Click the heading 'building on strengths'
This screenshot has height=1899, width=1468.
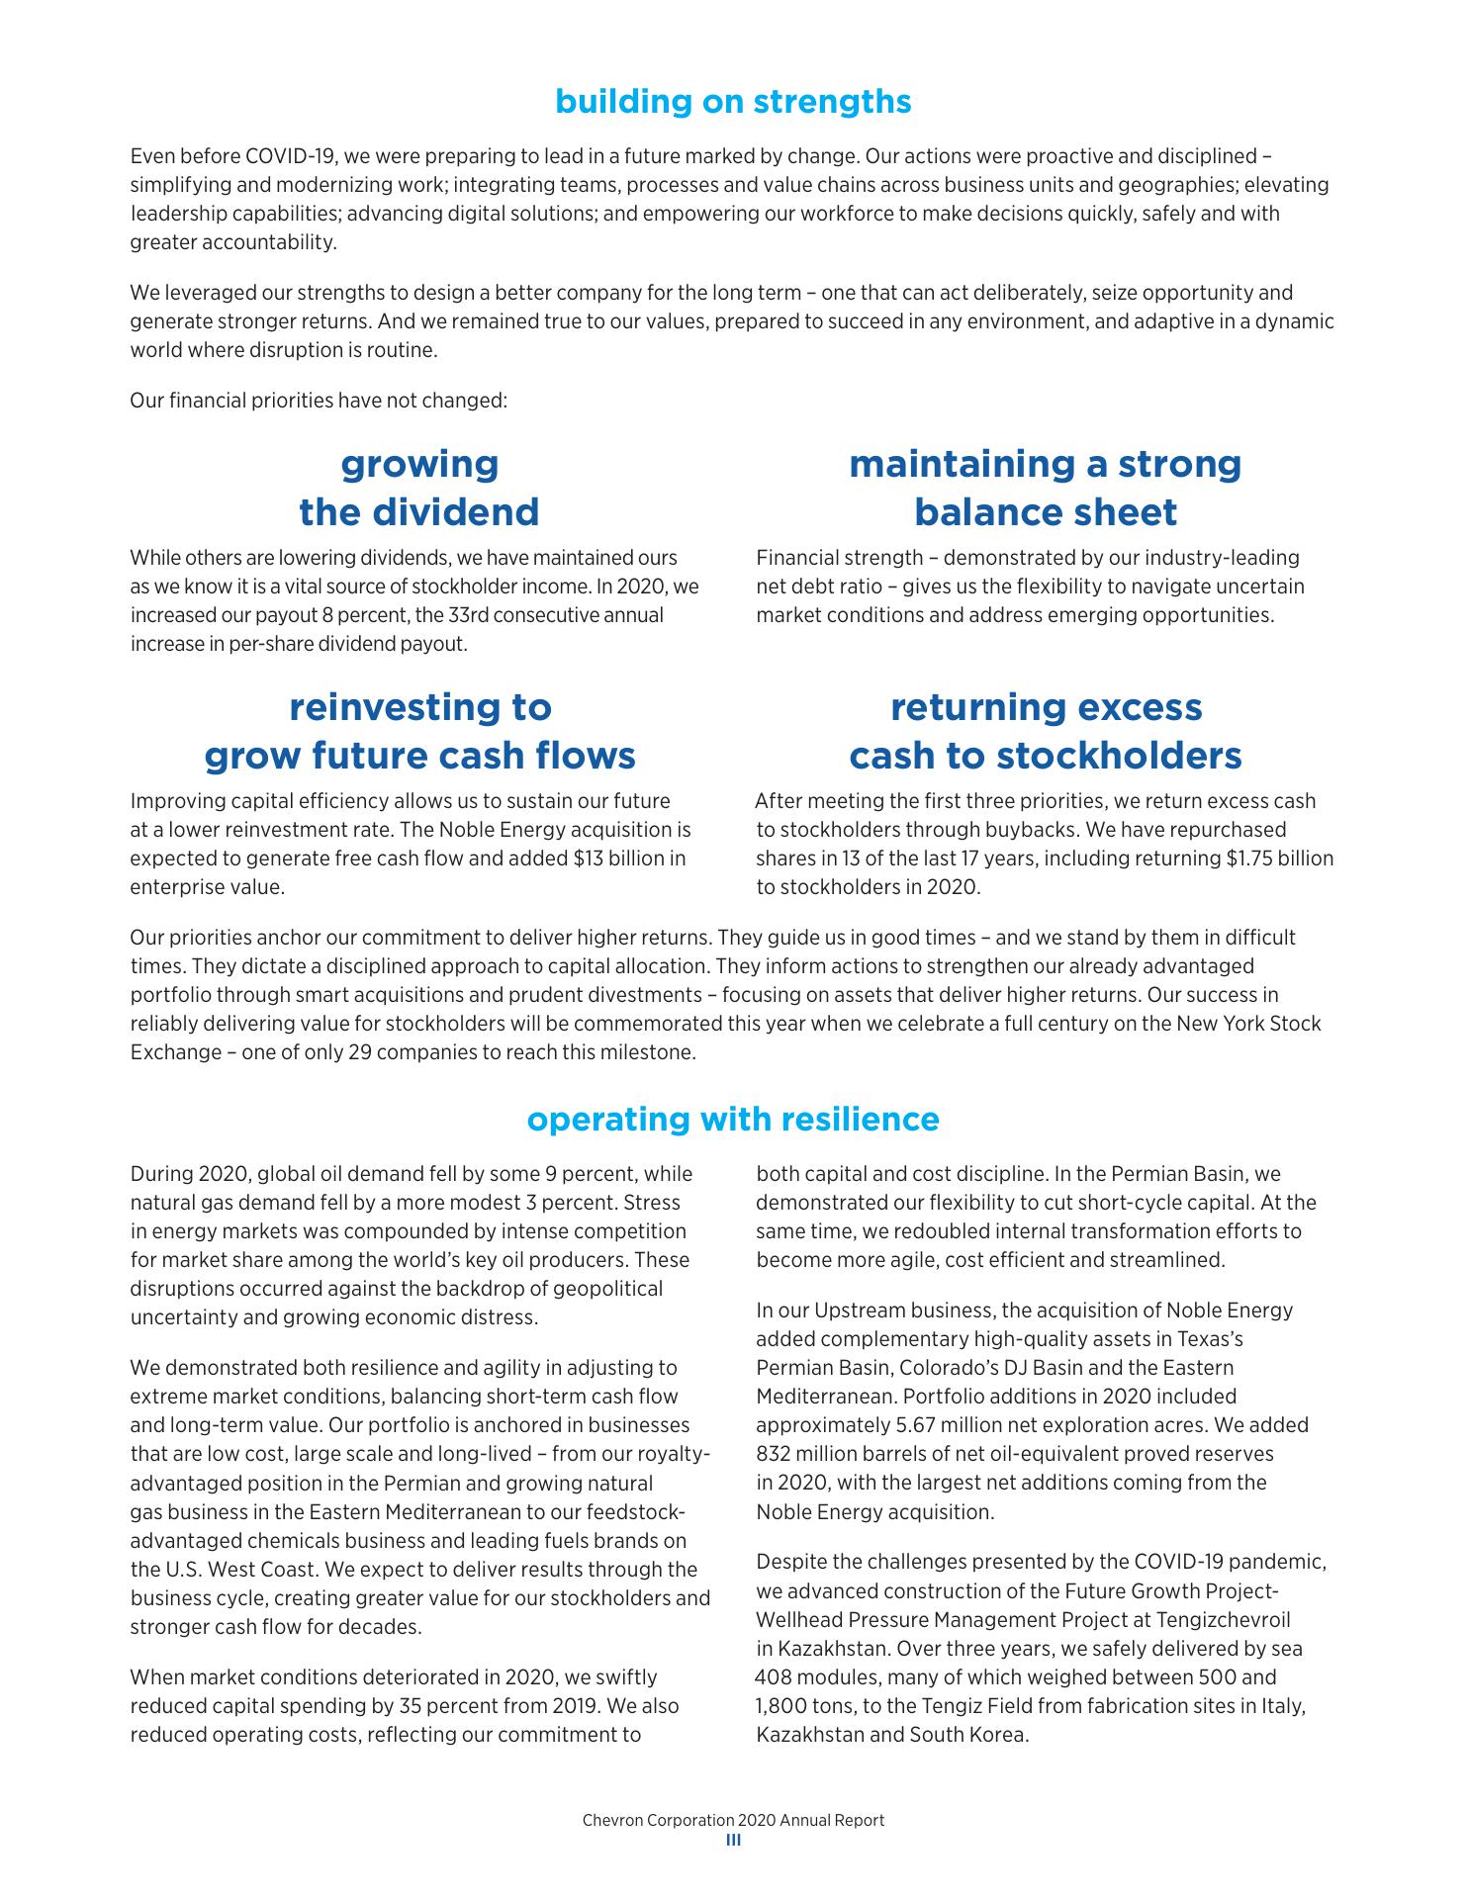(x=733, y=101)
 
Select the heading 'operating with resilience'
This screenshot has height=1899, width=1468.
(x=733, y=1119)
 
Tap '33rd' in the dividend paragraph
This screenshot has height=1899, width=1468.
(x=470, y=615)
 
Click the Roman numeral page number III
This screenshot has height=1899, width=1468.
(x=733, y=1841)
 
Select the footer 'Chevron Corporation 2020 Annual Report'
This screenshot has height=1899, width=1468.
(x=733, y=1820)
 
